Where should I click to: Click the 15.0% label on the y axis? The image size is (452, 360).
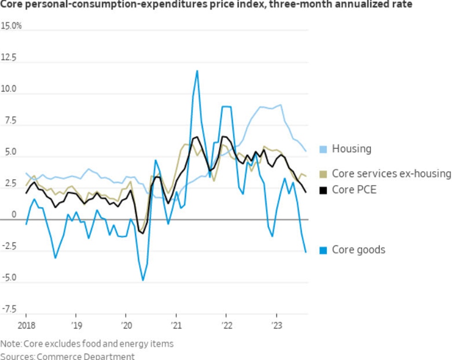coord(12,26)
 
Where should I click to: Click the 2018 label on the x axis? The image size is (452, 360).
coord(25,324)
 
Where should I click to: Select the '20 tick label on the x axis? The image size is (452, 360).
coord(125,324)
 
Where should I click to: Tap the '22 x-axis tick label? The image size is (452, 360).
coord(226,324)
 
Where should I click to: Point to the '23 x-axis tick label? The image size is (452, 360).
coord(276,324)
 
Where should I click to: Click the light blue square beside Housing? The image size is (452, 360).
coord(324,149)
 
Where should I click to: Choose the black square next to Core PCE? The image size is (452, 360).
coord(324,189)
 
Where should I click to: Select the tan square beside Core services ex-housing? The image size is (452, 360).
coord(324,174)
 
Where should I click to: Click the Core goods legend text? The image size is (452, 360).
coord(358,250)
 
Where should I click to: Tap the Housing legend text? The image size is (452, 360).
coord(352,149)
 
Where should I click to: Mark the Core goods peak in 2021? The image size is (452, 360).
coord(197,71)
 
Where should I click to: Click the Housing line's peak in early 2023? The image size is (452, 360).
coord(281,105)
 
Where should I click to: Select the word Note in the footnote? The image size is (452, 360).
coord(11,344)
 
